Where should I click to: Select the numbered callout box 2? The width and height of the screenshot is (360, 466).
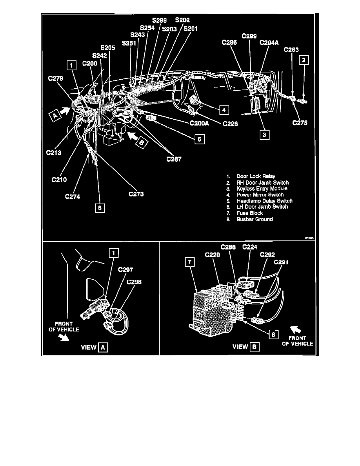(305, 60)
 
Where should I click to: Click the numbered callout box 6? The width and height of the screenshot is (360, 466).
(100, 208)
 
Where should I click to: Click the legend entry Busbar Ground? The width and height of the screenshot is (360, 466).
(255, 219)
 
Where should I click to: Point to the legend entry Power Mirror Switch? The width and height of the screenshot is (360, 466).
(260, 195)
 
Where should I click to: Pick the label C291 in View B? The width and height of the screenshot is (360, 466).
(280, 262)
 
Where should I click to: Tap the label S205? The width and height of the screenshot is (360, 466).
(107, 47)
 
